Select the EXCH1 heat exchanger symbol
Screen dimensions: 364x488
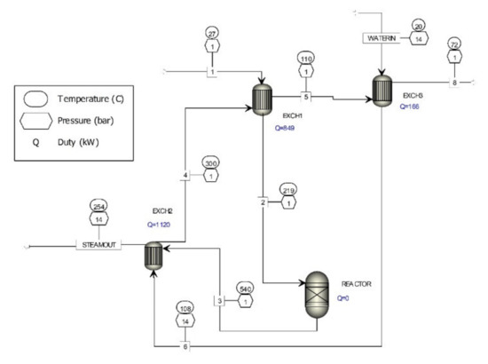pos(263,101)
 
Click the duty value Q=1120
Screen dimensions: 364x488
pos(162,226)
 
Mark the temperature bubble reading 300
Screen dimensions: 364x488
pos(210,162)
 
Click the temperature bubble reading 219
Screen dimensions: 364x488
pos(290,190)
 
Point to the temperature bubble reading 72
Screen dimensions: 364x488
pos(454,44)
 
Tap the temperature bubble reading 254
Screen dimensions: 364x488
pos(100,207)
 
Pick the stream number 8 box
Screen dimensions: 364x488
pos(454,83)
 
